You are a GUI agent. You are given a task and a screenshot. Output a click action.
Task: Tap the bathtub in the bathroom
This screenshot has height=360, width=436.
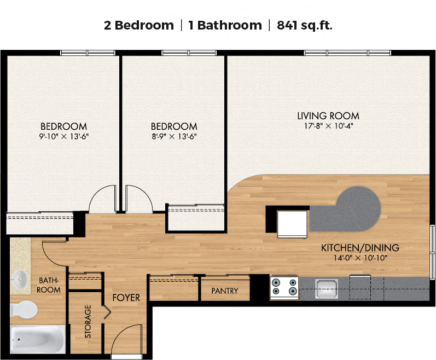coord(38,339)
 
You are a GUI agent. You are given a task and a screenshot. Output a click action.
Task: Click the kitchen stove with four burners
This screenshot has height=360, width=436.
coord(284,288)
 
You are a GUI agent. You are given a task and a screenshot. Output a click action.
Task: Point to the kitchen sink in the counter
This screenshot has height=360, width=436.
coord(327,288)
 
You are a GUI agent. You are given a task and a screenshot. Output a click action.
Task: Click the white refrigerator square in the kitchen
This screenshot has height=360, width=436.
coord(292,224)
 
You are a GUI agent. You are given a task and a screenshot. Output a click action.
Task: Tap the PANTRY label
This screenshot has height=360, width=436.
coord(225,291)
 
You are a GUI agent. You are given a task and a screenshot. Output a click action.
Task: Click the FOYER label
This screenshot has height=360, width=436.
coord(126,298)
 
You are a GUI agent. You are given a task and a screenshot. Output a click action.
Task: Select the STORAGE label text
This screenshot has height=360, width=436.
coord(88,321)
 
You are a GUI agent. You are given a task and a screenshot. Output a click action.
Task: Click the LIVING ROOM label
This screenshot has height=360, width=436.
coord(328,116)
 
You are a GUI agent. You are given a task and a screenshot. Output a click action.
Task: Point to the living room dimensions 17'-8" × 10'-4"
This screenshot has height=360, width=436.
coord(328,126)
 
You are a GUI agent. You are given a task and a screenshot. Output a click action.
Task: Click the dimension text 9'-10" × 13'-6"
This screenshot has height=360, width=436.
coord(63,136)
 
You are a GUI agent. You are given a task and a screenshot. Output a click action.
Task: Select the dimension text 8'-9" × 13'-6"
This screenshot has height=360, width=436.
coord(174,136)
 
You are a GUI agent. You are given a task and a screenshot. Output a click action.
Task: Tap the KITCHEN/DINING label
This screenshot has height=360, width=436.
coord(360,248)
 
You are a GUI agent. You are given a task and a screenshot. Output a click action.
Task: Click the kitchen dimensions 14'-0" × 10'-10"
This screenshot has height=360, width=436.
coord(360,258)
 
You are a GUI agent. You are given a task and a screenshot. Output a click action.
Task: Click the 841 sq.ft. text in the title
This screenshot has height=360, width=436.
coord(305,25)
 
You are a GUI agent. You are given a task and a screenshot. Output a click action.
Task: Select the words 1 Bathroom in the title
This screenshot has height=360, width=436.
coord(225,25)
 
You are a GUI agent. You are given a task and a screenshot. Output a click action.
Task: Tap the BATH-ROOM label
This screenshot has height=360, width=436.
coord(48,285)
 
